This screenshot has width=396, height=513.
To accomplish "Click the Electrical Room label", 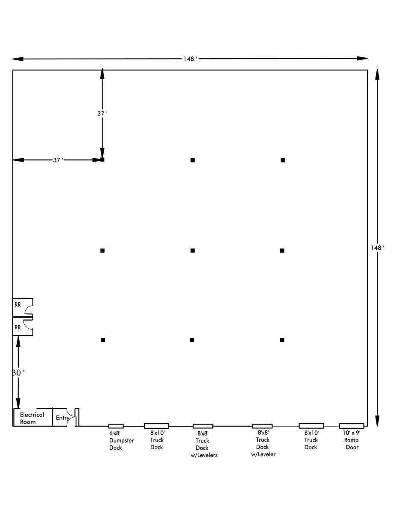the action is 32,419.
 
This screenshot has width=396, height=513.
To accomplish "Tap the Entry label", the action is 62,418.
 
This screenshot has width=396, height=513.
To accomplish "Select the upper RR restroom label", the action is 18,305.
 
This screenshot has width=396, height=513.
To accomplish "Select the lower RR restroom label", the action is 18,327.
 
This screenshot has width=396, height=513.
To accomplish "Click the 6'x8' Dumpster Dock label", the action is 121,440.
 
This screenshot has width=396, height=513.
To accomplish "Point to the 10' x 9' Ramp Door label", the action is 352,440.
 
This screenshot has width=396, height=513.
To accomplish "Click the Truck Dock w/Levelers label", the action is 204,445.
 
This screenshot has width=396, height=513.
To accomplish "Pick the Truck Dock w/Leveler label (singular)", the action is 263,444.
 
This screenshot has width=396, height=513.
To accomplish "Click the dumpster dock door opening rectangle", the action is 116,426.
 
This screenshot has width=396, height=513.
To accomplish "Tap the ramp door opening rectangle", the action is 352,426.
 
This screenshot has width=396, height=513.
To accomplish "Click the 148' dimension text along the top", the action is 190,59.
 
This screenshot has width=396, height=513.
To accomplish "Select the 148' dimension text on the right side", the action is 377,248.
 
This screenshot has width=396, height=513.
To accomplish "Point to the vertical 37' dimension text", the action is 103,114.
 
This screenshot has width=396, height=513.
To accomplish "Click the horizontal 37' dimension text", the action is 58,160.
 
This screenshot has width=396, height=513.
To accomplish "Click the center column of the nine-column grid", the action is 193,251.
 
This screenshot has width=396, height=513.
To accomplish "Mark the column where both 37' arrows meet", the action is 103,159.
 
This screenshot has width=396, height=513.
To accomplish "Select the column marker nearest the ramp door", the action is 282,340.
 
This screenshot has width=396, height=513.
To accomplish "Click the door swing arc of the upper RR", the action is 26,308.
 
